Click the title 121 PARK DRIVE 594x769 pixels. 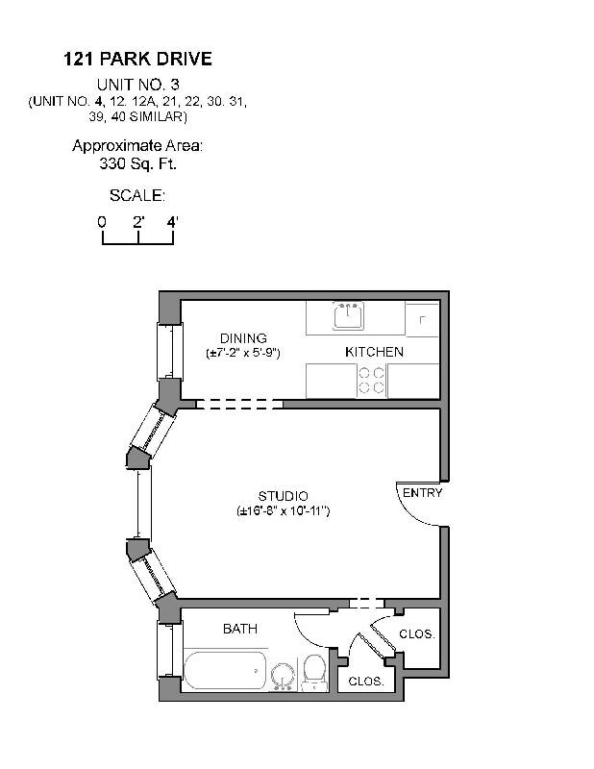[137, 60]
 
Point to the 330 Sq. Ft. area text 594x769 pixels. [137, 164]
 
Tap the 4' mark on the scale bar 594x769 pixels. [173, 222]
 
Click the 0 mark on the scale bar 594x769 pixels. [102, 222]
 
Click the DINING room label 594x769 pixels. [242, 338]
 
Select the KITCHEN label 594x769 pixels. [374, 352]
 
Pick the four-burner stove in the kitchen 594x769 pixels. [373, 382]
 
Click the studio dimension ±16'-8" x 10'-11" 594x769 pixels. [284, 511]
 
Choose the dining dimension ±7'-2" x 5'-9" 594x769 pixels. [242, 354]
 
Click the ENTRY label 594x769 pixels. [422, 493]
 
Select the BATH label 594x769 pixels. [239, 629]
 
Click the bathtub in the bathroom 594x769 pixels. [225, 669]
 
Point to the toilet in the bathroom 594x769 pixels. [314, 672]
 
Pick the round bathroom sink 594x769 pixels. [283, 676]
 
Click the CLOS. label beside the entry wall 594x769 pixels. [417, 634]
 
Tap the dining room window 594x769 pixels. [168, 351]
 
